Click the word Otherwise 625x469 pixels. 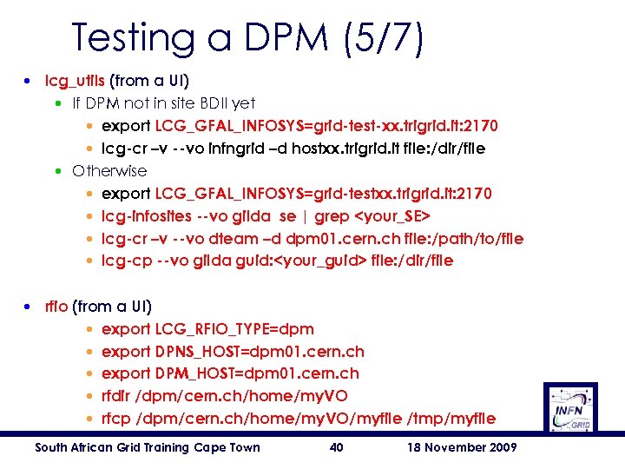click(109, 170)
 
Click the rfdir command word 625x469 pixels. click(119, 396)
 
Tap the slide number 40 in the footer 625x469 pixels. click(337, 447)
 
